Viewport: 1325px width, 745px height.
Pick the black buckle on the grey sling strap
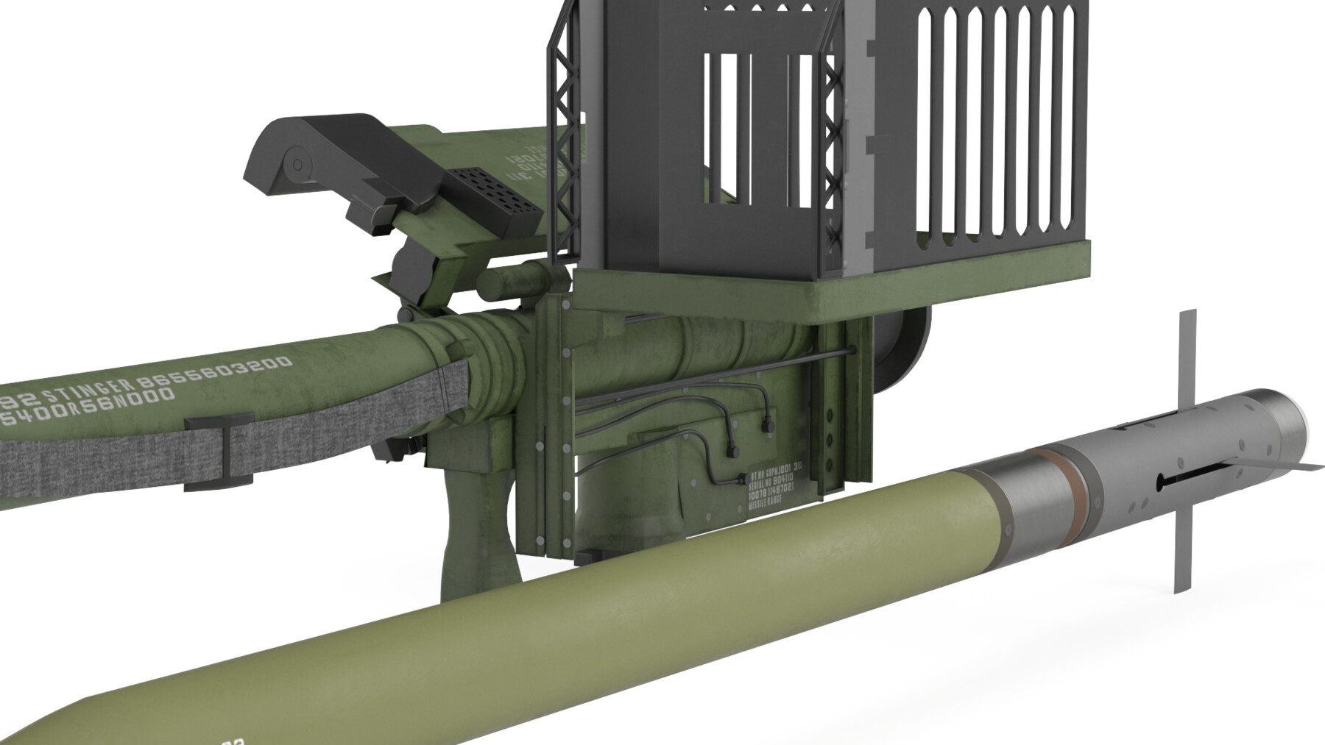[x=221, y=452]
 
